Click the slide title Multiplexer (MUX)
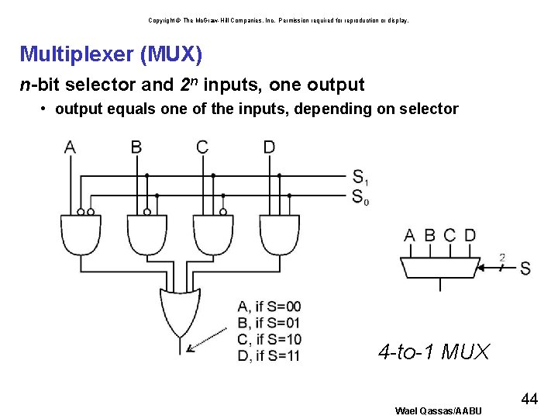pos(112,54)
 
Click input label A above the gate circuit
pos(70,147)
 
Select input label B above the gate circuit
pos(136,147)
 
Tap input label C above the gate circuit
pos(202,147)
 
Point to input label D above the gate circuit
pos(269,147)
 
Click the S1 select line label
pos(360,177)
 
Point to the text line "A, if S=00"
pos(269,306)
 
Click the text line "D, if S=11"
pos(269,356)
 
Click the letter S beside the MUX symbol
pos(525,268)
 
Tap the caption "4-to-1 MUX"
pos(434,352)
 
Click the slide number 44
pos(530,399)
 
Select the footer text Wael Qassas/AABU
pos(438,410)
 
